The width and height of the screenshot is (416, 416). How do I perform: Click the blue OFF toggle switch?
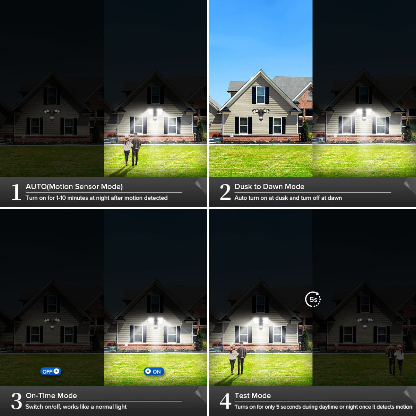click(51, 371)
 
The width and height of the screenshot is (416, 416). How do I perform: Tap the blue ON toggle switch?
click(154, 371)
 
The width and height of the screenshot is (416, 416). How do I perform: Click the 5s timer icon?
click(313, 299)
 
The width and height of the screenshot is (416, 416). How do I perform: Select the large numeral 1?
click(16, 192)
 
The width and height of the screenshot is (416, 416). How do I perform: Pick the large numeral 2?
click(225, 192)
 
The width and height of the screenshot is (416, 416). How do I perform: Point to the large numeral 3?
click(16, 401)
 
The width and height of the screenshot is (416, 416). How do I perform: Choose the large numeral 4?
click(225, 401)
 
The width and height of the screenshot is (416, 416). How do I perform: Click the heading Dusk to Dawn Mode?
click(269, 187)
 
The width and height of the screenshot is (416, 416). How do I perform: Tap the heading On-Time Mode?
click(51, 396)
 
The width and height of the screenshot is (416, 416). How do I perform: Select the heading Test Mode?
click(253, 396)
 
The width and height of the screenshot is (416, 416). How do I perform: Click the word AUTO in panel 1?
click(36, 187)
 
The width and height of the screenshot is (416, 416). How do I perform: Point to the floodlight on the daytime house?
click(261, 113)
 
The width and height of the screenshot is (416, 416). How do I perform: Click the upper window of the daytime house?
click(261, 95)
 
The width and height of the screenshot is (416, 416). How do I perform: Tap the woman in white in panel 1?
click(127, 151)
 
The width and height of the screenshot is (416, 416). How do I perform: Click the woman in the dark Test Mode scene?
click(399, 359)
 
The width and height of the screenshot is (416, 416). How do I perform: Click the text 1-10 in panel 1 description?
click(61, 198)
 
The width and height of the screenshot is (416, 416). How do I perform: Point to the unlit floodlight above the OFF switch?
click(52, 322)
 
